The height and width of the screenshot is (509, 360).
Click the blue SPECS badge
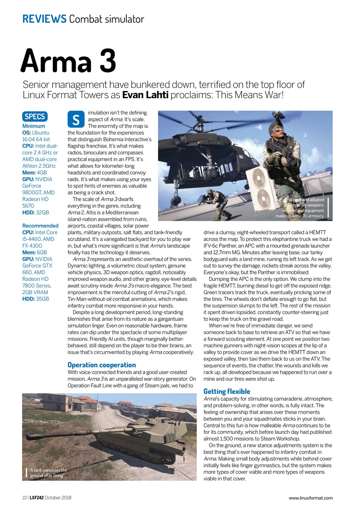pos(35,116)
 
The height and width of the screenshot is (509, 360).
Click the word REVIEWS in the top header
pos(44,18)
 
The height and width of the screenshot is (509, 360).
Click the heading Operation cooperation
pos(101,365)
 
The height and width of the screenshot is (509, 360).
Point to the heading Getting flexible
pos(227,391)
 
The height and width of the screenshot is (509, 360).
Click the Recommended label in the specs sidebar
pos(40,225)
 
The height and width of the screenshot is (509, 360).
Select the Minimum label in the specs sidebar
pos(34,126)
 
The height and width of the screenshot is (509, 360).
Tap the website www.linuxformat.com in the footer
pos(310,498)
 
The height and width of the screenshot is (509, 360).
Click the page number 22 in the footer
pos(24,498)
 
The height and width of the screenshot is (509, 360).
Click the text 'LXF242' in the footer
pos(36,498)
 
